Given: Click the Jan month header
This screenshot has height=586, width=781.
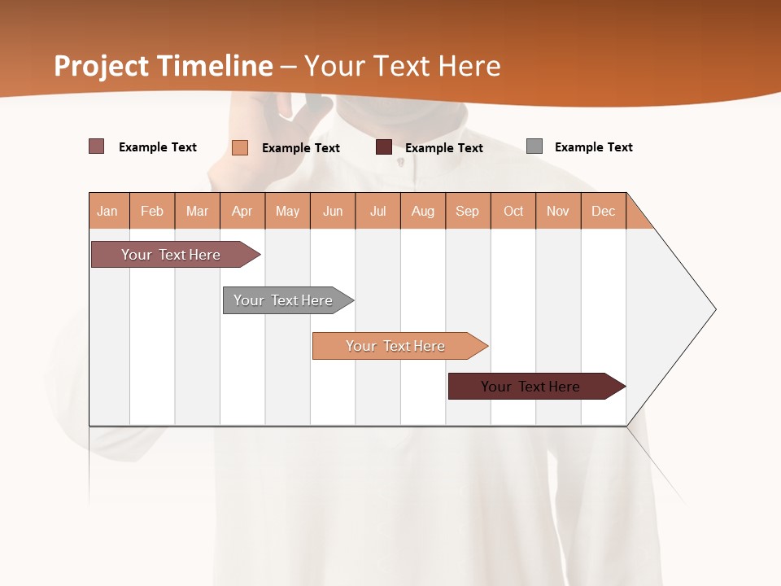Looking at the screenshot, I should tap(108, 211).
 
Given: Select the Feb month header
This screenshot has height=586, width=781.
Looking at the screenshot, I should tap(152, 211).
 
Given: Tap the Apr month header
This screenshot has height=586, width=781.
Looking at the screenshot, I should tap(242, 211).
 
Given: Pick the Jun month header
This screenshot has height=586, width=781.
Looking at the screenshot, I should tap(333, 211).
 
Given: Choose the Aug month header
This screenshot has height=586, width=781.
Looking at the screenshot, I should tap(423, 211).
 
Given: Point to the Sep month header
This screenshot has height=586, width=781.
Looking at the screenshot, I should tap(468, 211).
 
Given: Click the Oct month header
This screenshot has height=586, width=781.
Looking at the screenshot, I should tap(513, 211).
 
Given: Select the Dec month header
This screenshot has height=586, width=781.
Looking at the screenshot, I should tap(604, 211).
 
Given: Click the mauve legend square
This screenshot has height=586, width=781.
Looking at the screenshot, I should tap(97, 146).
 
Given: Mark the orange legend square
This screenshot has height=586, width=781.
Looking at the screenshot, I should tap(240, 147).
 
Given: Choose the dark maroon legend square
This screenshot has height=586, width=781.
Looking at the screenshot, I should tap(384, 147).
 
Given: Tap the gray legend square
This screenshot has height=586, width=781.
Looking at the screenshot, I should tap(534, 146).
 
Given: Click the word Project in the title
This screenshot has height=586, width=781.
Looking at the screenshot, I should tap(102, 66).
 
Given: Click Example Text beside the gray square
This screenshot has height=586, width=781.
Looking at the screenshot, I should tap(593, 147).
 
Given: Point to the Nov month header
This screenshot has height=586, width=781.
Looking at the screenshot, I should tap(558, 211).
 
